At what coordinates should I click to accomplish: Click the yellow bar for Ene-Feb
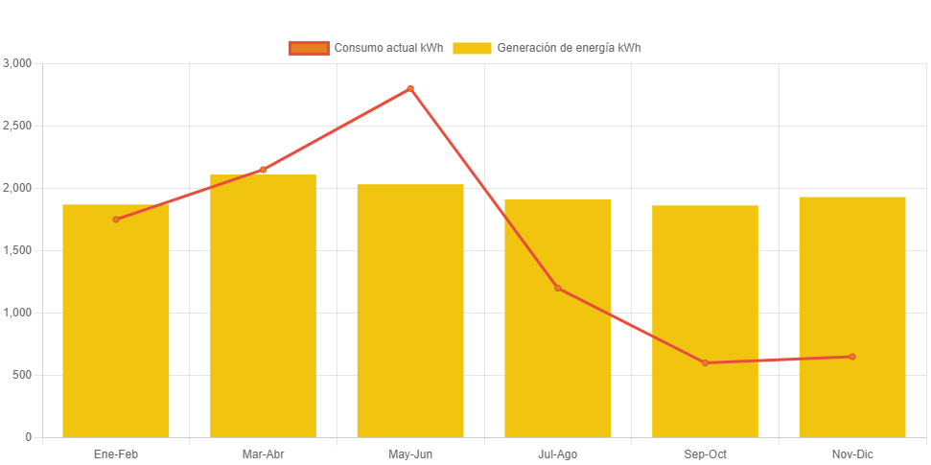coord(116,321)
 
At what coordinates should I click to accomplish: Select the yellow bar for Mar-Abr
coord(263,306)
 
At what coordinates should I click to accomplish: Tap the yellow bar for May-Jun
coord(410,311)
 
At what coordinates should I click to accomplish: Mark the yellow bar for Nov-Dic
coord(851,317)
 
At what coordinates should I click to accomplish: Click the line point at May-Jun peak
coord(410,88)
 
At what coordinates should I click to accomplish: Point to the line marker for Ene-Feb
coord(116,220)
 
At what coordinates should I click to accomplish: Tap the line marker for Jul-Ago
coord(557,288)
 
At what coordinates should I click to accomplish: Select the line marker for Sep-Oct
coord(705,362)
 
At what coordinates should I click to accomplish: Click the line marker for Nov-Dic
coord(851,357)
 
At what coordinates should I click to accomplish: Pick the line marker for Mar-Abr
coord(263,170)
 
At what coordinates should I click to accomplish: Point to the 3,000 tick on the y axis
coord(18,63)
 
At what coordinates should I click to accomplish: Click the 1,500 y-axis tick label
coord(18,250)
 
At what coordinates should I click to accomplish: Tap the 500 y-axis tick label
coord(22,375)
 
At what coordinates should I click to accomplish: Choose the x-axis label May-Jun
coord(410,454)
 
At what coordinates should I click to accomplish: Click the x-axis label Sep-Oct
coord(705,454)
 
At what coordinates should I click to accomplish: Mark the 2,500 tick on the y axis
coord(18,126)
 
